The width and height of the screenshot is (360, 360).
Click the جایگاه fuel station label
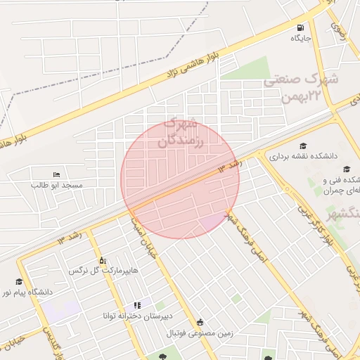coord(301,38)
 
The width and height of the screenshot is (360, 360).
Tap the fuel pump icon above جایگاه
coord(301,27)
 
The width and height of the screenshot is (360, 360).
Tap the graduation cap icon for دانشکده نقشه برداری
coord(303,145)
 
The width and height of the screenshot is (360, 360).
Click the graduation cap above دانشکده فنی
coord(347,169)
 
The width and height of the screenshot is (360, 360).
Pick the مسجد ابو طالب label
coord(57,185)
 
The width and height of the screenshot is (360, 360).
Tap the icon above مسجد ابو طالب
coord(57,174)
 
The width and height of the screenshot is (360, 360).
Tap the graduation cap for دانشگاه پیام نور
coord(19,281)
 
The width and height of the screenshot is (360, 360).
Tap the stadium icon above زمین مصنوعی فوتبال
coord(200,323)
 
